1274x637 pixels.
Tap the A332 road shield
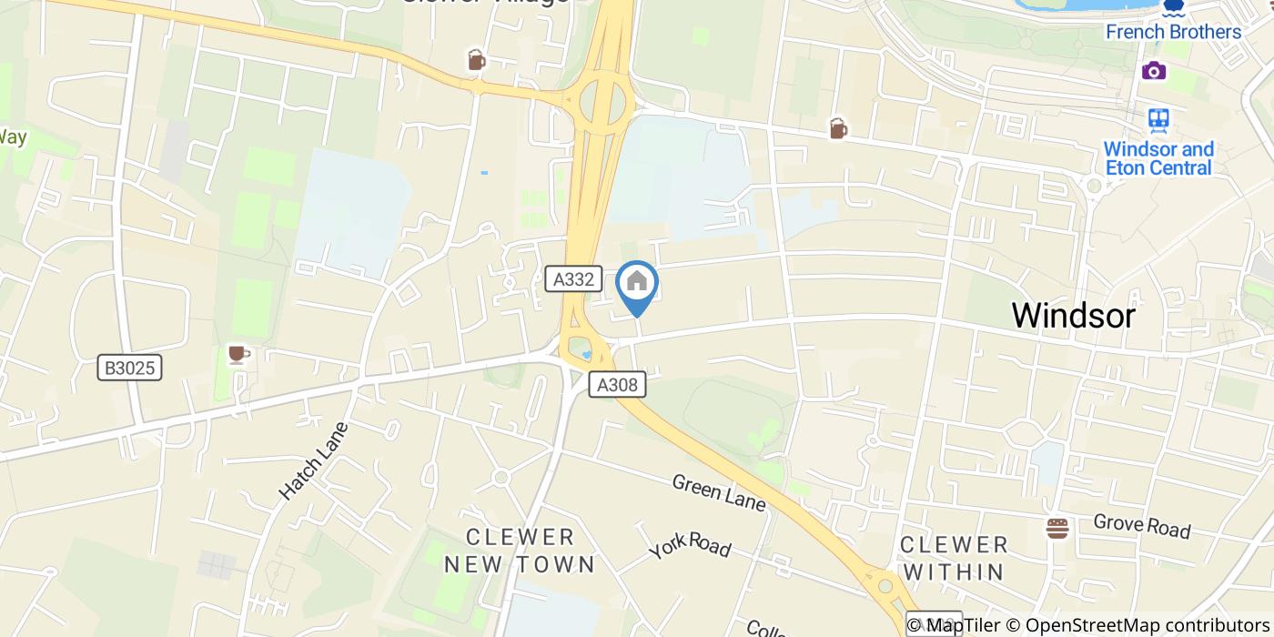click(x=573, y=279)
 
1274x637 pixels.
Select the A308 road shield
click(x=617, y=385)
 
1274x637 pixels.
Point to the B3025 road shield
click(x=131, y=368)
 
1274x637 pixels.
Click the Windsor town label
click(x=1073, y=316)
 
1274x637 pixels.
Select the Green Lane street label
click(x=718, y=491)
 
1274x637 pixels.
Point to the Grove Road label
click(x=1141, y=526)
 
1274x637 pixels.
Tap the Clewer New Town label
click(x=520, y=551)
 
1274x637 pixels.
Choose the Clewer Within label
click(x=954, y=558)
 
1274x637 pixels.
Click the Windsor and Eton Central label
click(x=1158, y=158)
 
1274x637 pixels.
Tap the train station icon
click(x=1158, y=119)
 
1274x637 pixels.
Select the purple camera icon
click(x=1154, y=71)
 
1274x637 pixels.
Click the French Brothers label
click(x=1173, y=32)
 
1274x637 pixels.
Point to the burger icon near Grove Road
click(x=1057, y=528)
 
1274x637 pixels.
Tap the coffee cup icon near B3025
click(x=238, y=354)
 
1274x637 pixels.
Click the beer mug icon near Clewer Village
click(x=476, y=60)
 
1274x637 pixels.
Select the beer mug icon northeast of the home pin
click(x=838, y=129)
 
